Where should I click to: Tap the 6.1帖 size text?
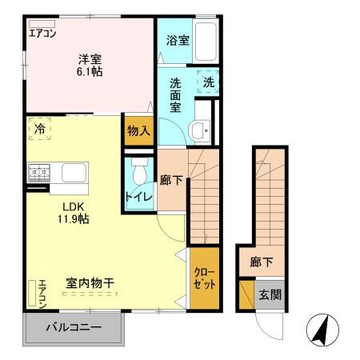90,70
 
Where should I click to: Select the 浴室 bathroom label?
178,39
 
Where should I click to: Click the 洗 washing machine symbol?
207,82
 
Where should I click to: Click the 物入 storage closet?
138,130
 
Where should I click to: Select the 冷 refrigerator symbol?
39,129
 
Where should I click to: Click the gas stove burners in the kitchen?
39,171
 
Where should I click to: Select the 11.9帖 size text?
72,218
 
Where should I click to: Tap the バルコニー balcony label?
74,327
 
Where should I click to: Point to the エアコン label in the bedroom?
42,33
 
